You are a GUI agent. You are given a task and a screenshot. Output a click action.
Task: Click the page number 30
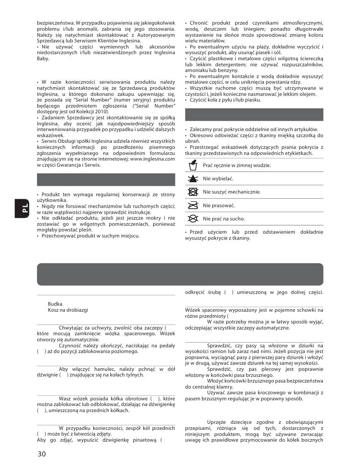pos(42,454)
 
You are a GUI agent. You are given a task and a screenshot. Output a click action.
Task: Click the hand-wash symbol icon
pos(193,165)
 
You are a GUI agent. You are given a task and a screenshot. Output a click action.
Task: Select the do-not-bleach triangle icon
pos(193,178)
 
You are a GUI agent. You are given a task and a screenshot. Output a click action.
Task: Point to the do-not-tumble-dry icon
pos(193,192)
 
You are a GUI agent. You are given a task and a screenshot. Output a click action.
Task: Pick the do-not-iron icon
pos(193,205)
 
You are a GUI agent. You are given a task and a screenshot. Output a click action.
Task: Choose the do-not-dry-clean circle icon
pos(193,219)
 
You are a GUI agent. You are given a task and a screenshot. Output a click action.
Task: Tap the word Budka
pos(55,304)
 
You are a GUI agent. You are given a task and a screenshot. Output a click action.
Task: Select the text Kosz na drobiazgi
pos(68,310)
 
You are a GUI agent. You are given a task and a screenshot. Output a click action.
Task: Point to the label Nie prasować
pos(219,205)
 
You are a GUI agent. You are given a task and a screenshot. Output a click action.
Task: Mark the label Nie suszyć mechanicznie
pos(232,192)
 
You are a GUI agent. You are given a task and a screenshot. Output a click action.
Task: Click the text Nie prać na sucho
pos(224,219)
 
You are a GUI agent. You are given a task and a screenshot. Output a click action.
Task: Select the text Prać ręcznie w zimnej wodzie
pos(237,165)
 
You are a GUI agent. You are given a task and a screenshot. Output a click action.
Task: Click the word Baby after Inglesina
pos(43,59)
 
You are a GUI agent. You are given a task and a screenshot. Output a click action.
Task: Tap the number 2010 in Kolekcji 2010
pos(102,111)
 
